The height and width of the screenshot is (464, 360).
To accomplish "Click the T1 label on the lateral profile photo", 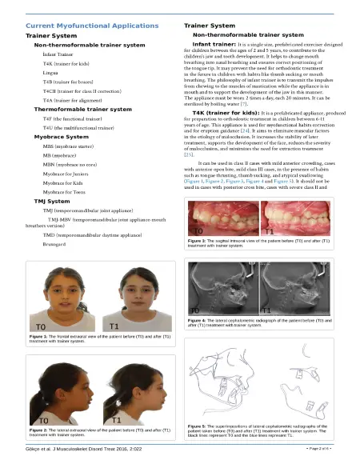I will click(x=116, y=419).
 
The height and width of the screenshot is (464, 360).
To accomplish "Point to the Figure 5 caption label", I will click(x=199, y=427).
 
